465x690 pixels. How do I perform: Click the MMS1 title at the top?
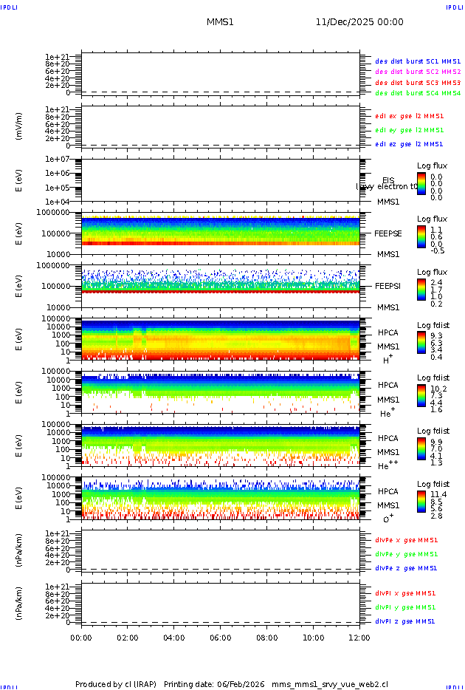coord(220,22)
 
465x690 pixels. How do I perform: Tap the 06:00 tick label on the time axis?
coord(221,638)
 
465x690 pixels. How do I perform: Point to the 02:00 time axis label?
coord(128,638)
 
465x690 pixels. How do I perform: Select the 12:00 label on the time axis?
coord(359,638)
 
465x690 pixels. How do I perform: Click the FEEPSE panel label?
coord(388,233)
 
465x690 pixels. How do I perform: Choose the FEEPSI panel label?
coord(388,285)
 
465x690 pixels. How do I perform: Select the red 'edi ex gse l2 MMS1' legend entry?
coord(410,116)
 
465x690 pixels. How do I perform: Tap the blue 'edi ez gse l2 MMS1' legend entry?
coord(410,144)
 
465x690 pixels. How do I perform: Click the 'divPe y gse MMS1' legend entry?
coord(406,554)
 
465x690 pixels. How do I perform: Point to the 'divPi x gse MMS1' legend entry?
coord(406,593)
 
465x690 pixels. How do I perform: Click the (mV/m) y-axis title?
coord(19,126)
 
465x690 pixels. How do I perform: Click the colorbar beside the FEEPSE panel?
coord(421,236)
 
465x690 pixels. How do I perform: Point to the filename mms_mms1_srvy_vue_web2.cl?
coord(329,684)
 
